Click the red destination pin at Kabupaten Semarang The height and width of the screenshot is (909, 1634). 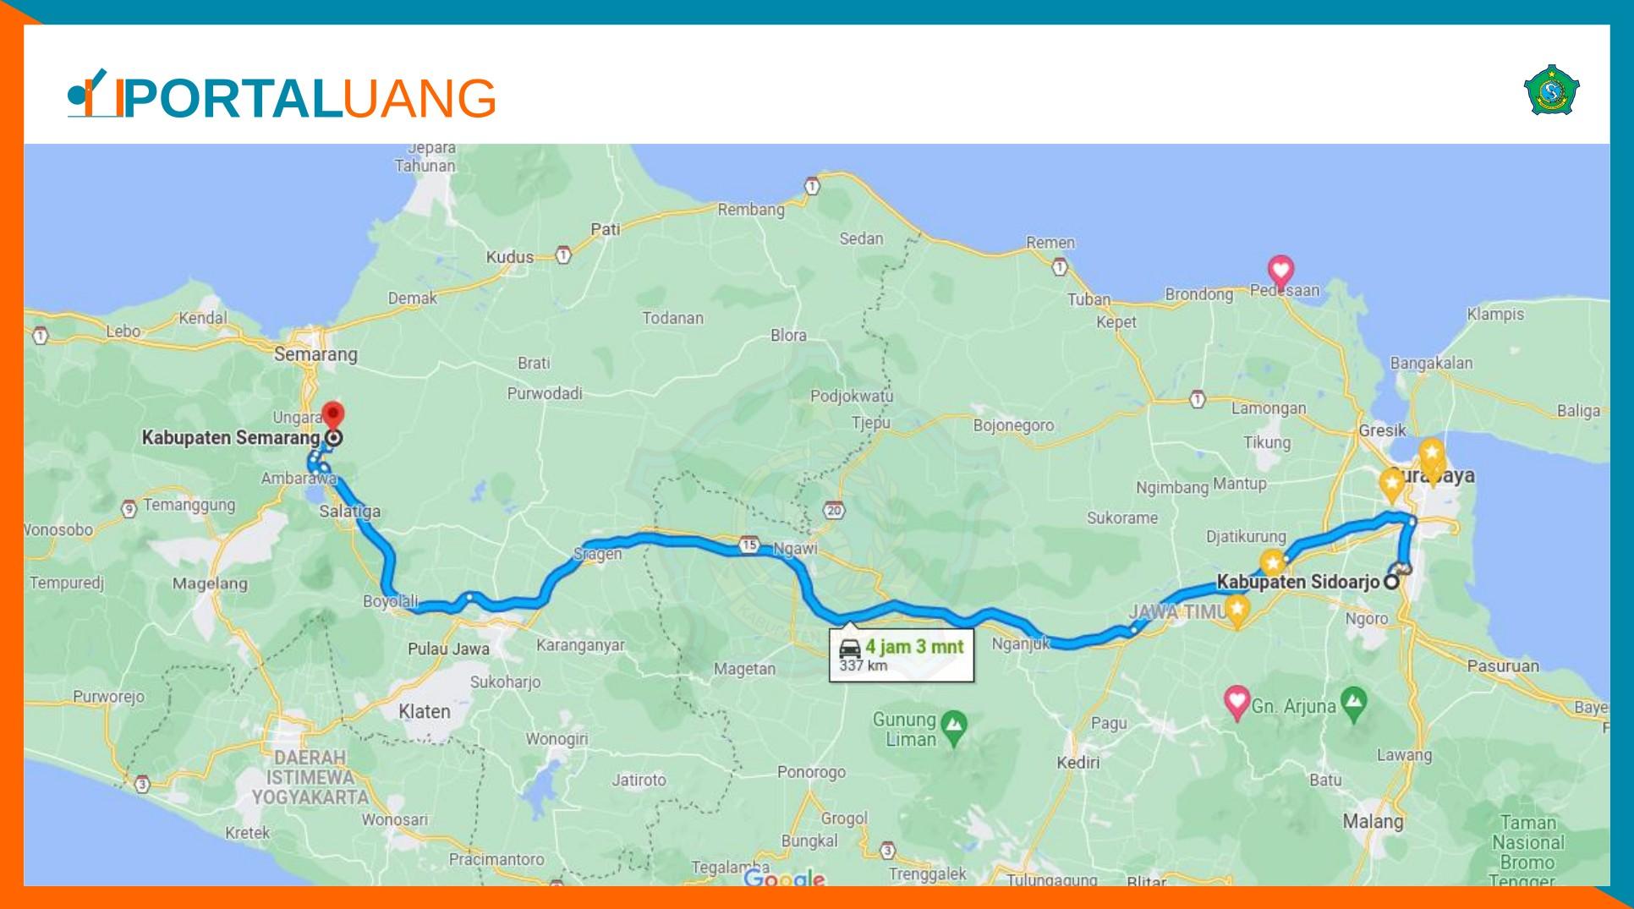pos(333,414)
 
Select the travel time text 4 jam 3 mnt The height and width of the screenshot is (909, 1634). pos(913,647)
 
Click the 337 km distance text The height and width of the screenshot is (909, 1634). pos(863,665)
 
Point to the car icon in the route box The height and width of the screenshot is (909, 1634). pos(849,649)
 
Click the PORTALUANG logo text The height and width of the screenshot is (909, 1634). pos(309,98)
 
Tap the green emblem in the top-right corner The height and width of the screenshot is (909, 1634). pos(1551,90)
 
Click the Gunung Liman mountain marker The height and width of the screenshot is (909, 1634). pos(955,725)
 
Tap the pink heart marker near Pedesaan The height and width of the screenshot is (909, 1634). pos(1280,271)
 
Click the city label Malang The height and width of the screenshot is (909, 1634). pos(1372,821)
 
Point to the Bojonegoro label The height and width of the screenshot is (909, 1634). pos(1013,425)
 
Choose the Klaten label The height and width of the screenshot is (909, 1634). pos(424,711)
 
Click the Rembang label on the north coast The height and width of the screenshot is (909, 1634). pos(750,210)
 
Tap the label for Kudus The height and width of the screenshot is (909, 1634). pos(509,257)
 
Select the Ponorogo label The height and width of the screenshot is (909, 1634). pos(811,772)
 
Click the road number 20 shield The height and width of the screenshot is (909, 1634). pos(835,510)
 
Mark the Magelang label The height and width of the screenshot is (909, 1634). pos(210,583)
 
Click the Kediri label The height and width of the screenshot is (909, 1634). pos(1077,763)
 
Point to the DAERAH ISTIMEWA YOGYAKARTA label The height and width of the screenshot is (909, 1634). pos(310,777)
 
